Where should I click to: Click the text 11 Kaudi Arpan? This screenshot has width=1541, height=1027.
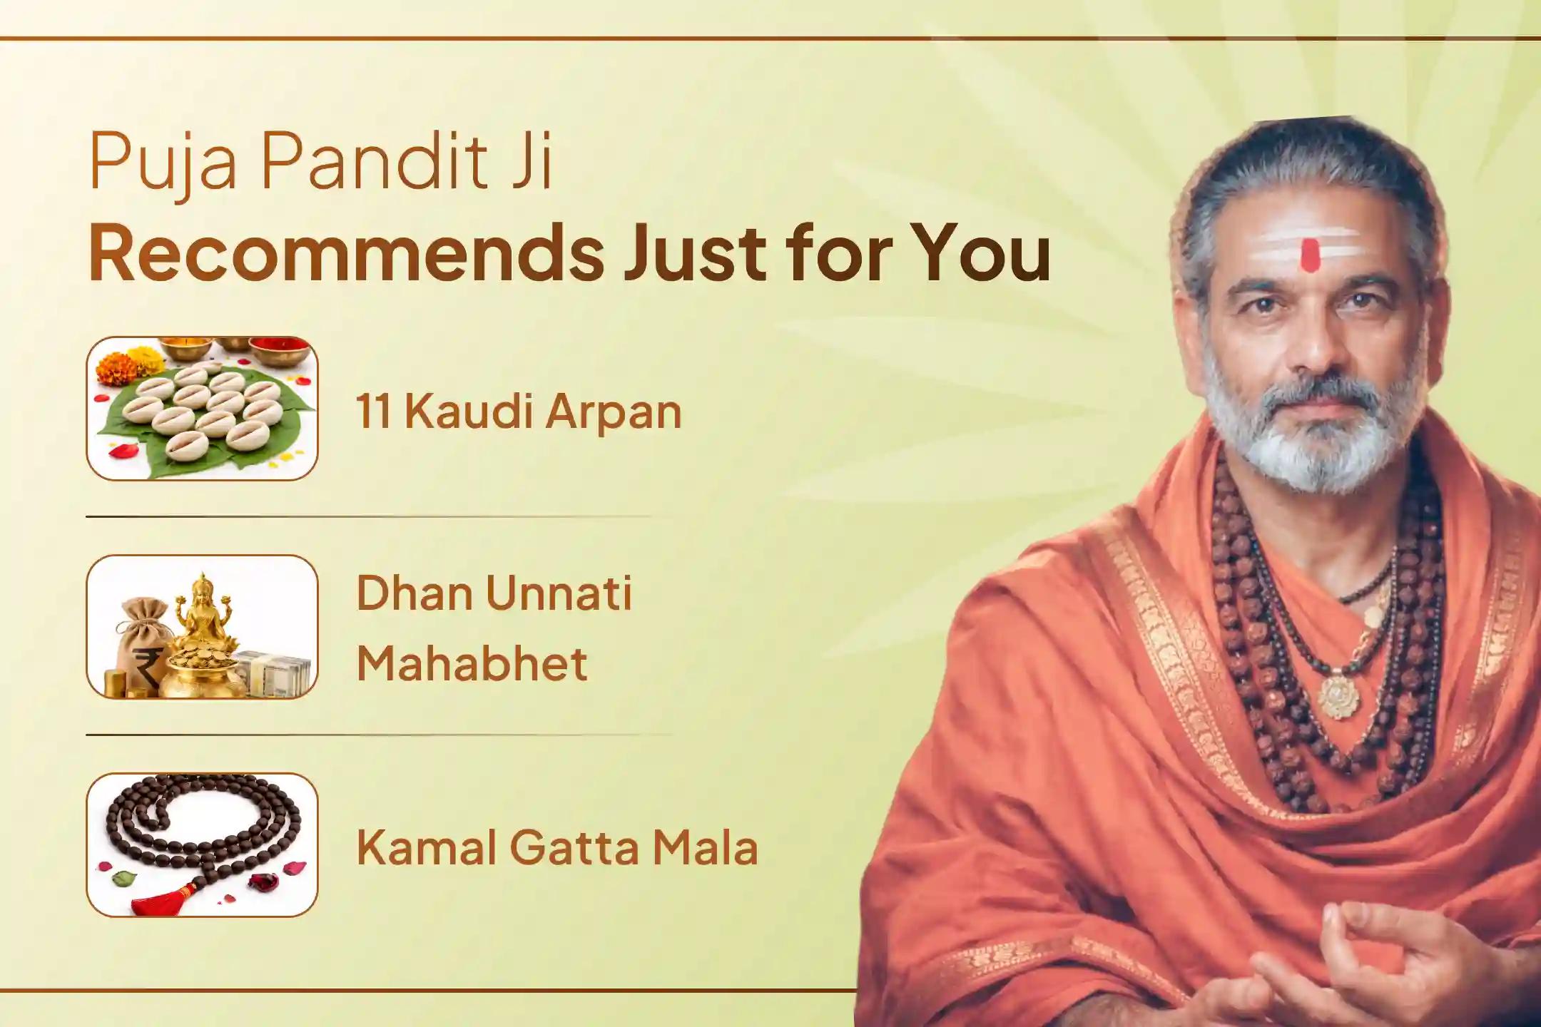(519, 412)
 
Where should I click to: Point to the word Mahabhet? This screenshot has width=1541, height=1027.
(472, 663)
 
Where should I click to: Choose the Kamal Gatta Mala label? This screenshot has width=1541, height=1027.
(556, 848)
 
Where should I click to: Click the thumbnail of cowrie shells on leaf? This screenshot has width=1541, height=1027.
(202, 409)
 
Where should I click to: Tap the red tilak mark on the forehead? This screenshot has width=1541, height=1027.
(1309, 255)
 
